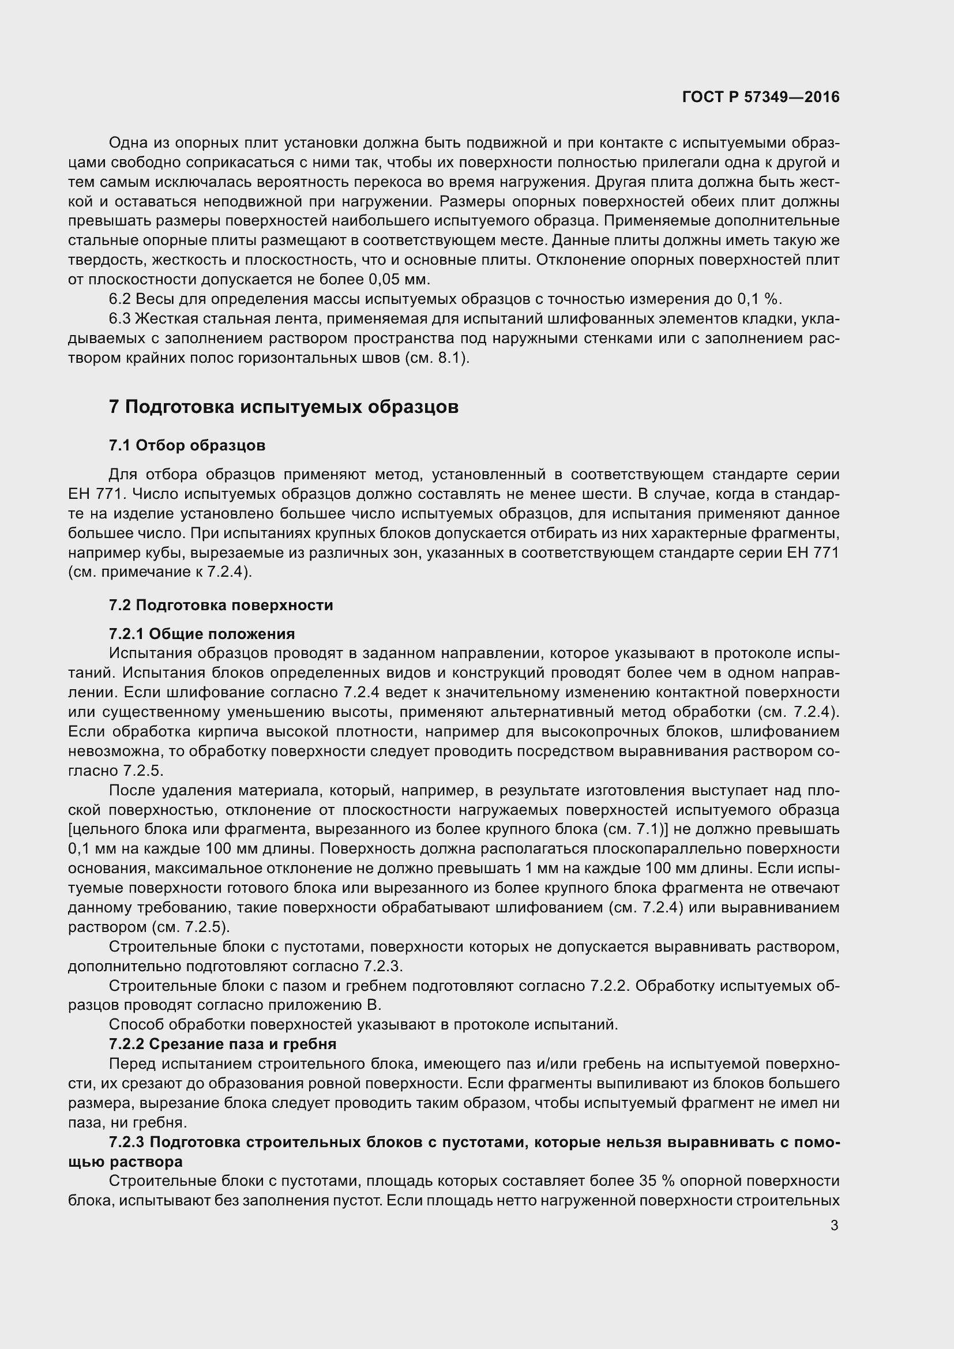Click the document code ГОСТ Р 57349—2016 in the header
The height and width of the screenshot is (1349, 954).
click(x=761, y=97)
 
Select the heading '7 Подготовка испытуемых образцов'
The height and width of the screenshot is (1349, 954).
click(x=284, y=407)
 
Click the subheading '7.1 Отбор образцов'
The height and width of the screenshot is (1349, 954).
click(x=187, y=445)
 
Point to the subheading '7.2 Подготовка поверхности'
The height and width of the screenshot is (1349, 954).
click(x=221, y=605)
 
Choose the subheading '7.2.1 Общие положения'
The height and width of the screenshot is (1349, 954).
click(x=202, y=634)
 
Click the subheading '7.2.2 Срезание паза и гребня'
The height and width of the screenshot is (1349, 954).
click(x=223, y=1044)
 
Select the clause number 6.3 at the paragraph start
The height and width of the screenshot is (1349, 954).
click(x=119, y=318)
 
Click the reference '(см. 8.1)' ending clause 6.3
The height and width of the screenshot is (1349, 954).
click(x=437, y=358)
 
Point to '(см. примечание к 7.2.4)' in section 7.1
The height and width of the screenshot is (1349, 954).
click(x=160, y=572)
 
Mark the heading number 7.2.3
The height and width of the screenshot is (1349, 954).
click(x=126, y=1142)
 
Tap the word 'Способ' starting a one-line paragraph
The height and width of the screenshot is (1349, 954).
click(x=136, y=1025)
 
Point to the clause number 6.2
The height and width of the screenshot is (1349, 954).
click(x=119, y=299)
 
